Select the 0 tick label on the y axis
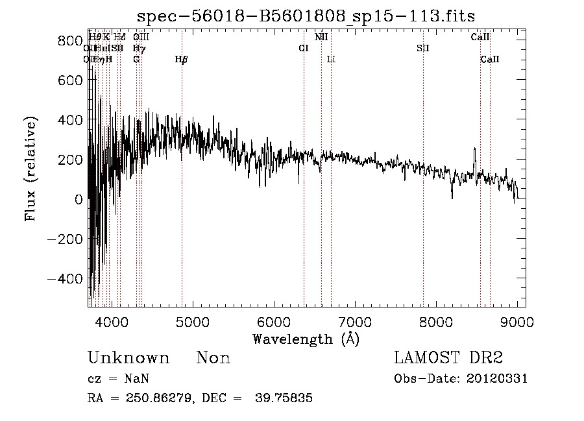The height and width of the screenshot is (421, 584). click(x=78, y=199)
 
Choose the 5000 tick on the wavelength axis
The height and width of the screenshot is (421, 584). click(x=192, y=321)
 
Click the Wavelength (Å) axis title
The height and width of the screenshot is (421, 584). click(x=306, y=339)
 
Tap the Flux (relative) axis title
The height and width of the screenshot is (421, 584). click(x=30, y=169)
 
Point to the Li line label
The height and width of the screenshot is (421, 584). click(x=331, y=60)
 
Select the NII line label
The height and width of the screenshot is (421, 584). click(x=321, y=37)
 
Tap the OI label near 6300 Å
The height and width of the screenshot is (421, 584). click(x=303, y=48)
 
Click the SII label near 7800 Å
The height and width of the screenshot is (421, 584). click(x=423, y=48)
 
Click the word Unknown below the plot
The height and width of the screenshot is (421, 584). click(x=128, y=358)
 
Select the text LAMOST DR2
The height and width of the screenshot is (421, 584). click(x=448, y=358)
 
